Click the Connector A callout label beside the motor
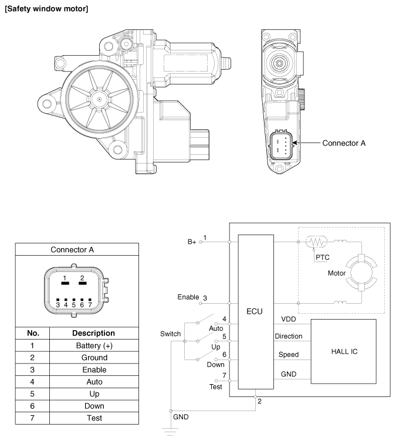[344, 143]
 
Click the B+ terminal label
[191, 240]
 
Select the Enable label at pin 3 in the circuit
[188, 297]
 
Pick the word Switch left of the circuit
[170, 333]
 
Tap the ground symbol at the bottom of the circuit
[171, 433]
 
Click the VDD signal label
[289, 319]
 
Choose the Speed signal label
[288, 354]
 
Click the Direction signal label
[288, 337]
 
